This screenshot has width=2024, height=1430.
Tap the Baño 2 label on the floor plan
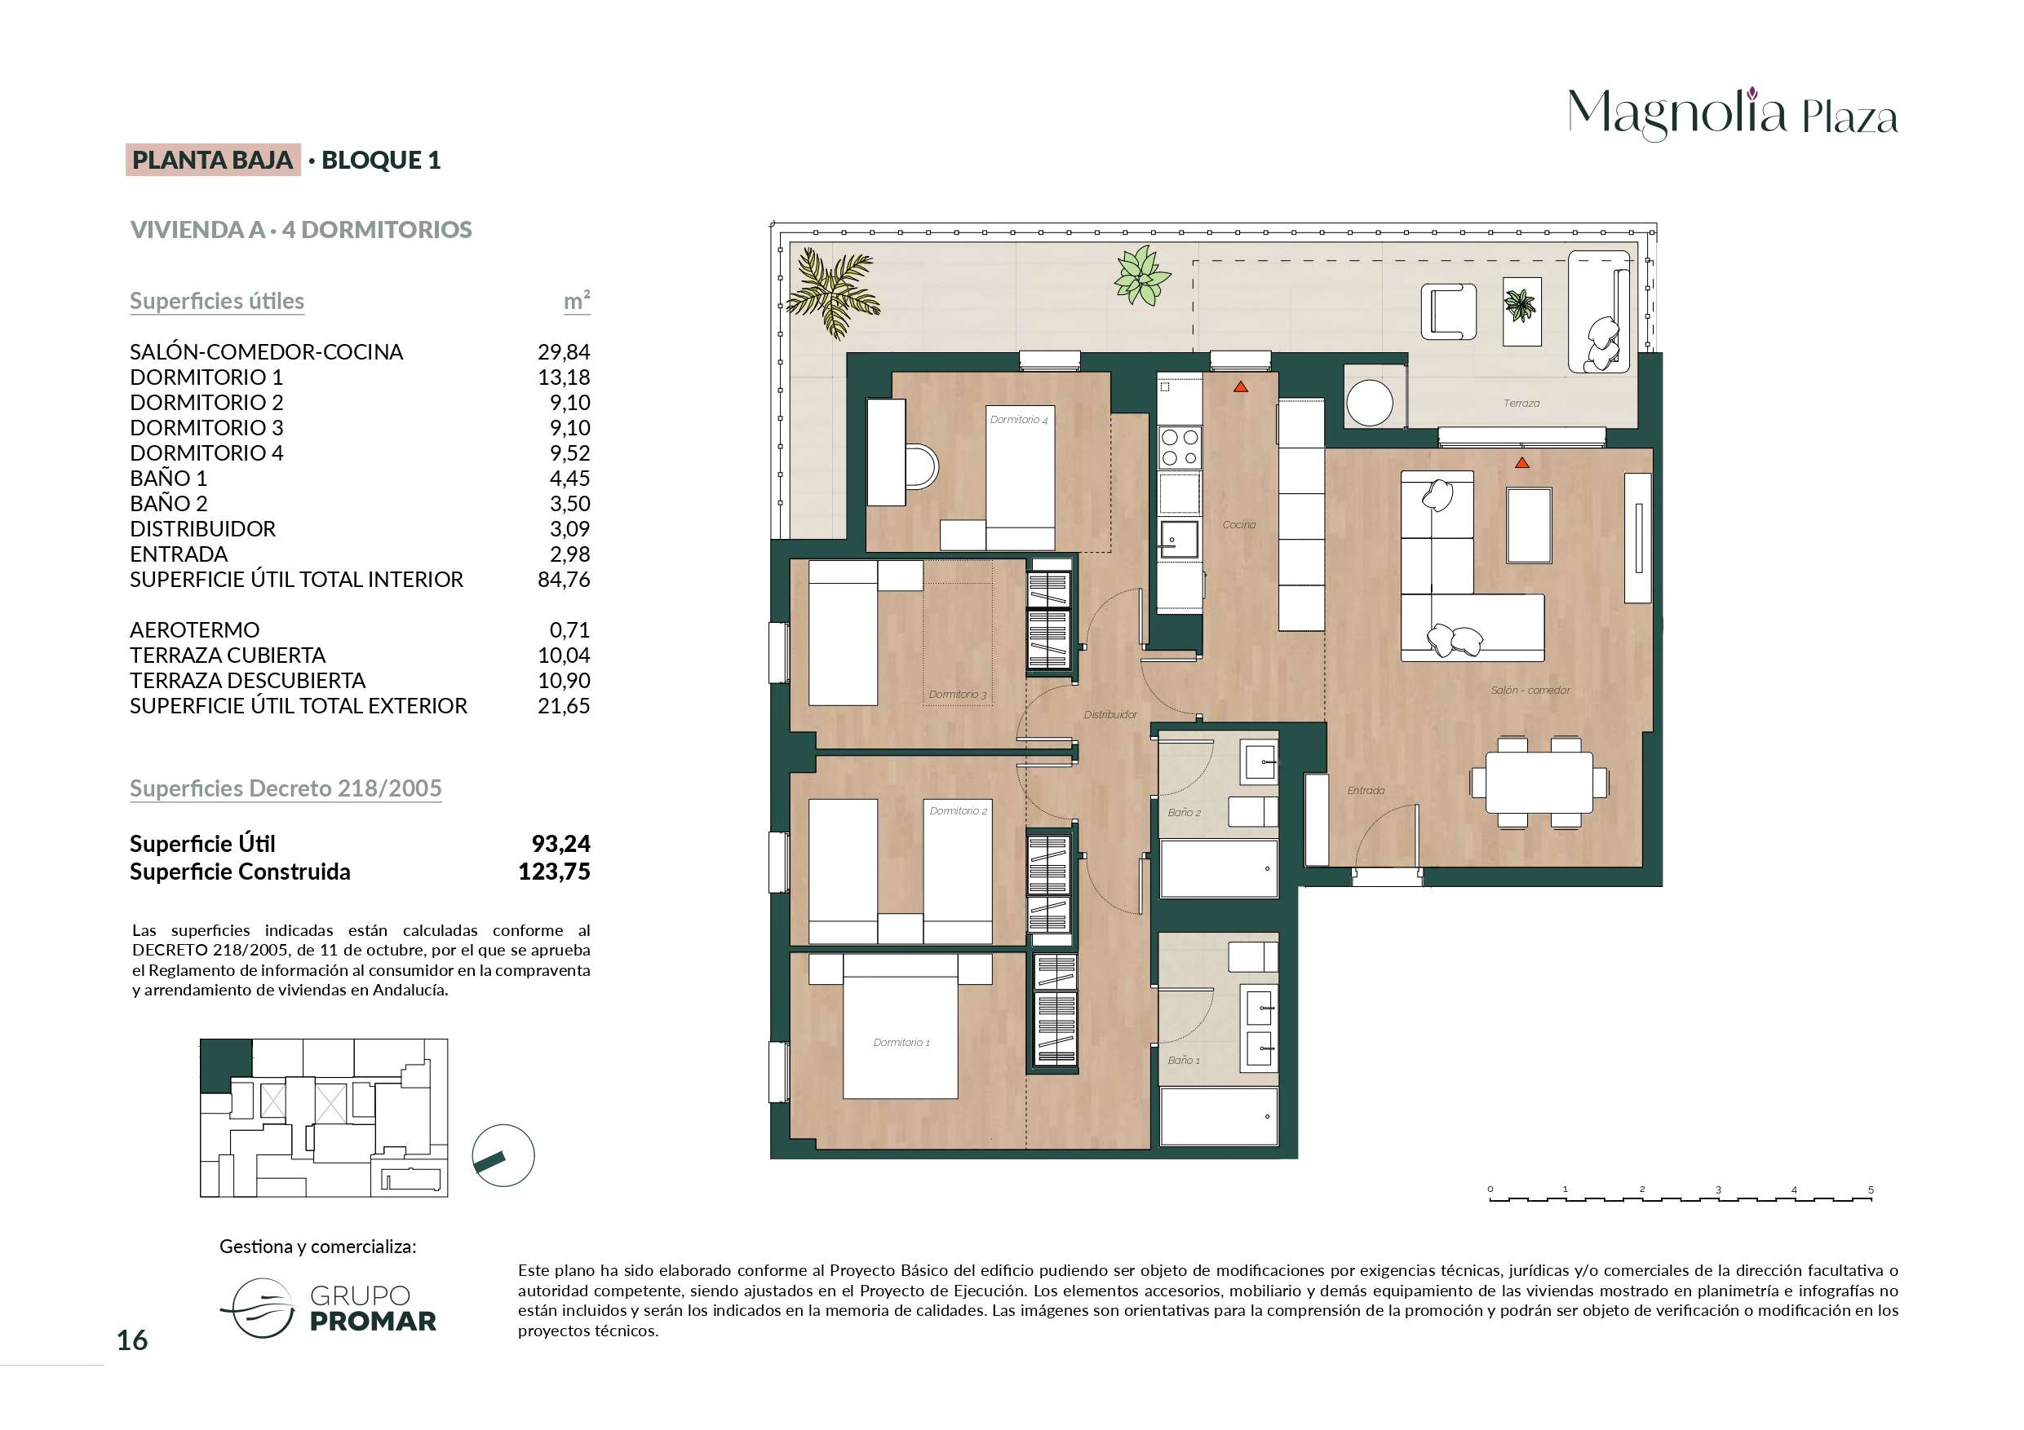(1184, 812)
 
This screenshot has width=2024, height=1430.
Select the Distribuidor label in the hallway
(1109, 714)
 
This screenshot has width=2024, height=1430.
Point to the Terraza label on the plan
(1521, 404)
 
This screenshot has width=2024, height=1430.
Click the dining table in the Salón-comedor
(1539, 783)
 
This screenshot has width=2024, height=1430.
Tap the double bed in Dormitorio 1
(900, 1026)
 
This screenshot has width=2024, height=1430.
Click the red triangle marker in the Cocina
(1240, 386)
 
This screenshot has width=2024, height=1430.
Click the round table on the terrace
(1370, 403)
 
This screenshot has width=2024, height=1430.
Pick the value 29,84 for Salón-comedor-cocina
(563, 351)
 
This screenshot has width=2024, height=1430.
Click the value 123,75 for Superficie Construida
(554, 872)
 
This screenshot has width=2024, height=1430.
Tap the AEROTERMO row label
(195, 630)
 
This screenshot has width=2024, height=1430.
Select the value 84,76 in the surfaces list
(563, 579)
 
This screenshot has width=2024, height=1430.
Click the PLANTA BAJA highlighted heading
(212, 160)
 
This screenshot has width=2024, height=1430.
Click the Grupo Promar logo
(328, 1308)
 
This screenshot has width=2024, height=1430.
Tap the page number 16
(132, 1340)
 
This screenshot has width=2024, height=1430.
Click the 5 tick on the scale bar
(1871, 1190)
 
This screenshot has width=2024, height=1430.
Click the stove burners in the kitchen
(1180, 447)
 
